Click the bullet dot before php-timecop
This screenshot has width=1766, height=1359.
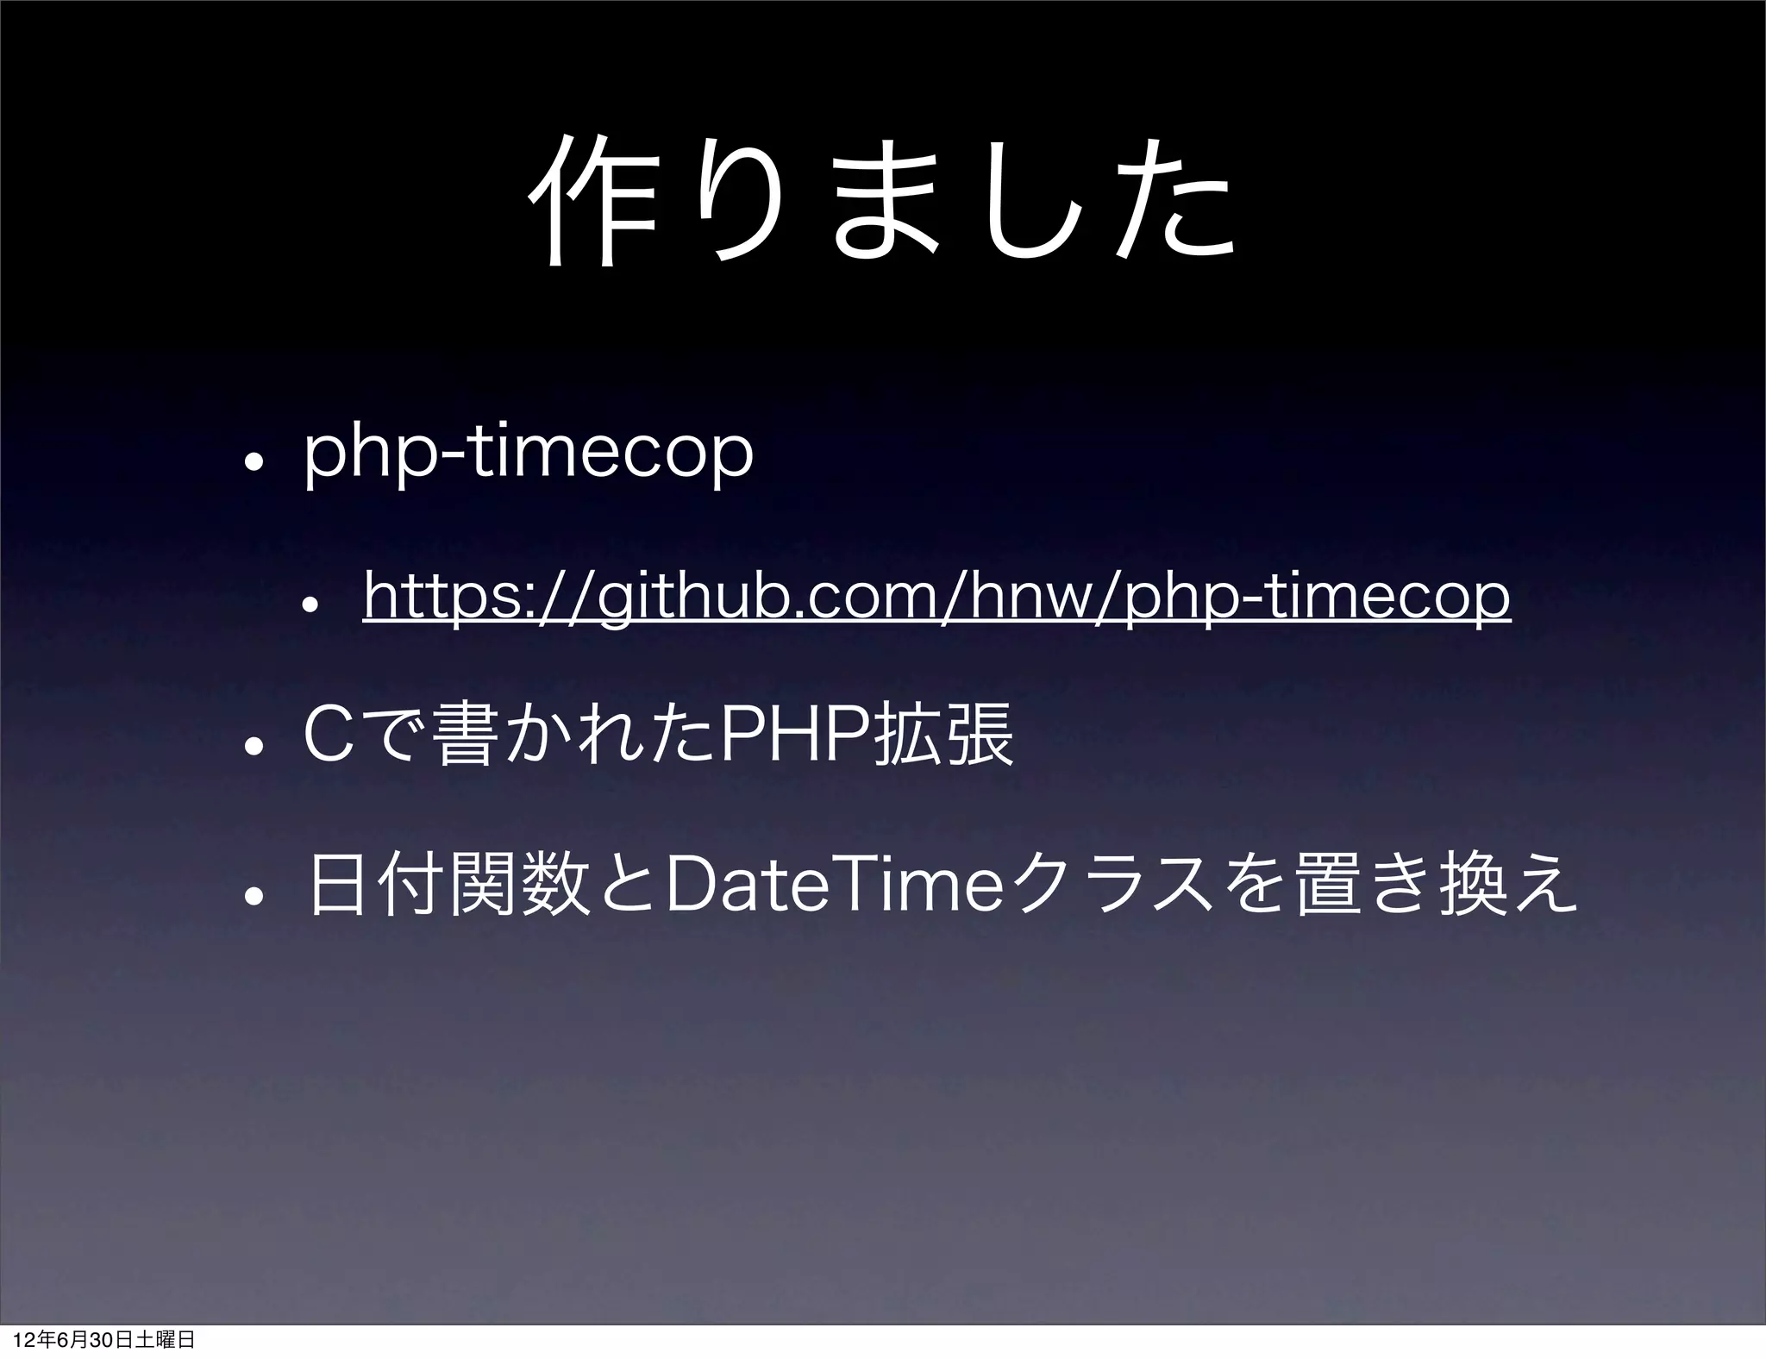(251, 460)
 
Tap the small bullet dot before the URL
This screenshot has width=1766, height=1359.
(316, 601)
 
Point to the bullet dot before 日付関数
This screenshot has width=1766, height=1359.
(251, 892)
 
